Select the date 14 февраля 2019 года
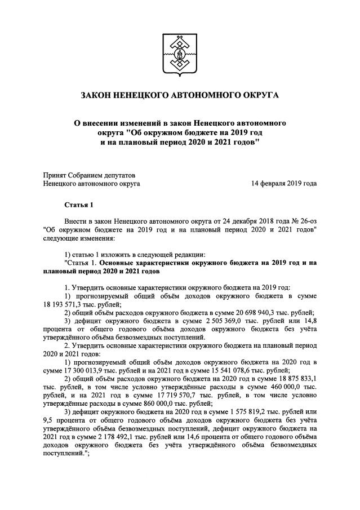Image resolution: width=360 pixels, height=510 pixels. point(284,184)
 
